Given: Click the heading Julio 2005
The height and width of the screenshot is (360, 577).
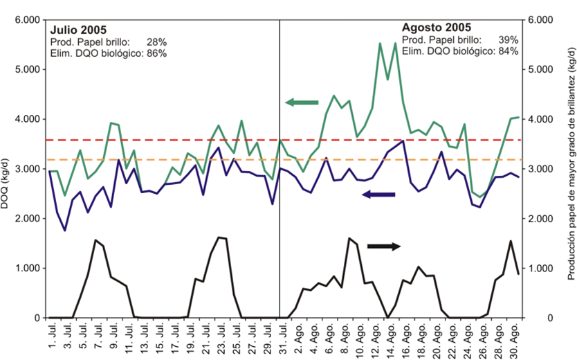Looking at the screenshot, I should (x=77, y=30).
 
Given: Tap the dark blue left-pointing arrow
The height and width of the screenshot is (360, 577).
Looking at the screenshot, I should (x=378, y=195).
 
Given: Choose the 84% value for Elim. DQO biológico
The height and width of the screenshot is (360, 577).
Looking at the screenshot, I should (x=508, y=51).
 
